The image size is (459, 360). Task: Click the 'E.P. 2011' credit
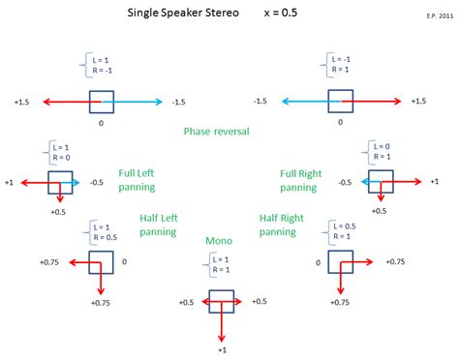click(x=438, y=17)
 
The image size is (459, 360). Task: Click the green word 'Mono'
click(x=219, y=240)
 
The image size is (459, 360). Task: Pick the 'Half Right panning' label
click(x=278, y=225)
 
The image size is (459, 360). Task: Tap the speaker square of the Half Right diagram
click(x=338, y=261)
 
